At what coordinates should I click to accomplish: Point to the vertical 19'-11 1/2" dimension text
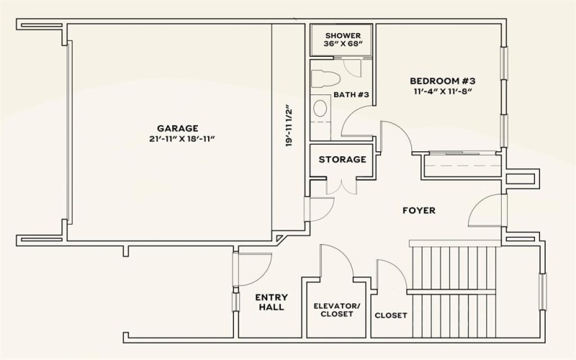[x=288, y=127]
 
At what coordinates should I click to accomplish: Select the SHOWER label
[x=342, y=35]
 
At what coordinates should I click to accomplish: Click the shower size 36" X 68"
[x=342, y=45]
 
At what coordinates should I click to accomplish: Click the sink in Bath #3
[x=320, y=108]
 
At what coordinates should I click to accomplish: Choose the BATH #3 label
[x=351, y=95]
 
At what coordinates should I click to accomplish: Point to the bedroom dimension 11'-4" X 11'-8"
[x=443, y=91]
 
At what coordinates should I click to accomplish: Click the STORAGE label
[x=342, y=159]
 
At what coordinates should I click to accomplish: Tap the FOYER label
[x=418, y=210]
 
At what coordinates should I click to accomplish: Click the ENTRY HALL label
[x=271, y=302]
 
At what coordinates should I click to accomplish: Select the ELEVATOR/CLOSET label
[x=336, y=310]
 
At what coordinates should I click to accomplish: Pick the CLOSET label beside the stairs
[x=391, y=315]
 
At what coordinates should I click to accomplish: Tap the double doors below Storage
[x=341, y=185]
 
